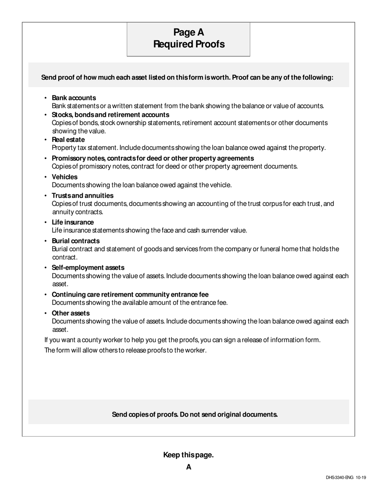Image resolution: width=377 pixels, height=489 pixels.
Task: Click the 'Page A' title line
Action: (188, 32)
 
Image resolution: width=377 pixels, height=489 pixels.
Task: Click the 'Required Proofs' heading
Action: (188, 44)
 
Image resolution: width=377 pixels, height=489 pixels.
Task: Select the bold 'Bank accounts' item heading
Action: (74, 98)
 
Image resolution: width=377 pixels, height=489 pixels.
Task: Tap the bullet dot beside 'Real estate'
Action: (46, 140)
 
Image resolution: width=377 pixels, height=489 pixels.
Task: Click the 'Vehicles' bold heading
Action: (65, 177)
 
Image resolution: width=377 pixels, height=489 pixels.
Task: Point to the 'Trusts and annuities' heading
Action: (83, 196)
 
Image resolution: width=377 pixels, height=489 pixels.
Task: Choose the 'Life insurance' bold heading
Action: (73, 222)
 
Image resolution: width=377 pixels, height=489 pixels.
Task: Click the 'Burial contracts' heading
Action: (75, 241)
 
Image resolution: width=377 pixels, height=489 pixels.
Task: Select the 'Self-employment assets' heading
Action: (88, 268)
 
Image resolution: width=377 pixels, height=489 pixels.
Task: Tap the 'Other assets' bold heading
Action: (71, 313)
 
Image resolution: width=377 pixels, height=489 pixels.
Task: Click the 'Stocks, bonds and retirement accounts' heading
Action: (110, 115)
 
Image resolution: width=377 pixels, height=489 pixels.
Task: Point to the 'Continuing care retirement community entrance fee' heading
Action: (130, 295)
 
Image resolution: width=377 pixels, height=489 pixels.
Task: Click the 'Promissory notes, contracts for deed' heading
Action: (153, 158)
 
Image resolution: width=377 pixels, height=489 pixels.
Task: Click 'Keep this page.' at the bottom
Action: (188, 455)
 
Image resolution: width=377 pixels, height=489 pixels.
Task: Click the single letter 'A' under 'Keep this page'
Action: (188, 467)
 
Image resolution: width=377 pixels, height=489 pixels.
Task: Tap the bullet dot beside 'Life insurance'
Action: (46, 223)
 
